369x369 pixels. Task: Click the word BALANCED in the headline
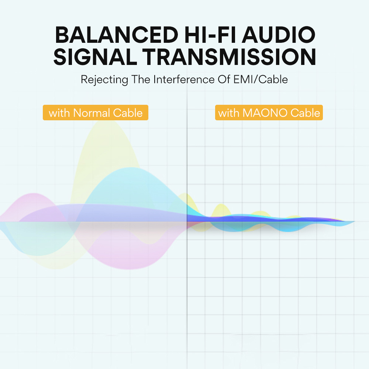(117, 35)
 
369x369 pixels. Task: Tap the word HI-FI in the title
(210, 35)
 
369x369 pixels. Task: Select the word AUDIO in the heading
(279, 35)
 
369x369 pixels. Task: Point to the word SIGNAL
(95, 57)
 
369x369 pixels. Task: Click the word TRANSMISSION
(229, 57)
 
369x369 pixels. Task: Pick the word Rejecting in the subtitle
(104, 80)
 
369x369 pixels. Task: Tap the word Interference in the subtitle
(184, 79)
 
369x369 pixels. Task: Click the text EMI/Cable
(261, 79)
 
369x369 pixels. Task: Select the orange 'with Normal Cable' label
(96, 113)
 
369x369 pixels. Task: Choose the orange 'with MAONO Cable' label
(269, 113)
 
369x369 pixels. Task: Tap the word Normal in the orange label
(92, 113)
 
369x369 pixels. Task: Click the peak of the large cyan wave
(130, 168)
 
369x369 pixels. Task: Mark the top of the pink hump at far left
(34, 194)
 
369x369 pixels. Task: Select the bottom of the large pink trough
(128, 269)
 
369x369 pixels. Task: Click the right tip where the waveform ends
(354, 221)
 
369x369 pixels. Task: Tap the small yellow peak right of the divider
(221, 204)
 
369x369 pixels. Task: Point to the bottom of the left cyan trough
(37, 256)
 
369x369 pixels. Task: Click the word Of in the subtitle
(224, 79)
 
